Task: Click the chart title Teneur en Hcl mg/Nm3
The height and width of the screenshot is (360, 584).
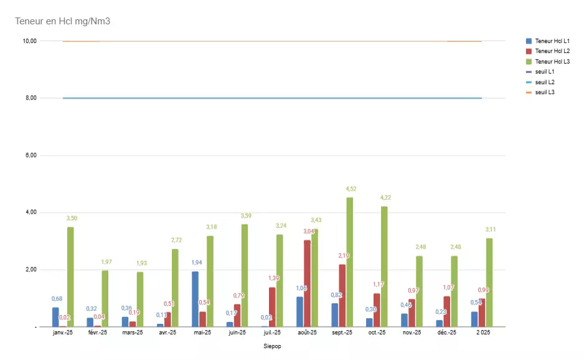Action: coord(62,21)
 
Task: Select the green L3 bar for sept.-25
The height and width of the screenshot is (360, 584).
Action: coord(350,262)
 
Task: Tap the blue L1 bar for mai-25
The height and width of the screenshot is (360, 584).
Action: coord(195,299)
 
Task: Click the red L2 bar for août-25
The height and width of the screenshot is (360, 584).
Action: coord(307,283)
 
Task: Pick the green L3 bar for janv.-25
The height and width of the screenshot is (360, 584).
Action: coord(70,277)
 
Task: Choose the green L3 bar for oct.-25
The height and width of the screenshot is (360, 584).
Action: coord(384,267)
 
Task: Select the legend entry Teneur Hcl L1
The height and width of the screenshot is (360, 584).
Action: coord(552,41)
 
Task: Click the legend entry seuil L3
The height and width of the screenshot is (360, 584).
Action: coord(545,92)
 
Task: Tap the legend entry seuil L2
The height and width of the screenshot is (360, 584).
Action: coord(545,82)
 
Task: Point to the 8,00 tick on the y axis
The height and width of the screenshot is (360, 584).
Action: coord(29,98)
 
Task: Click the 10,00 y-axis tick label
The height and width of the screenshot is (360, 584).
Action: coord(29,41)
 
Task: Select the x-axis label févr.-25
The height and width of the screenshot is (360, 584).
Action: coord(98,333)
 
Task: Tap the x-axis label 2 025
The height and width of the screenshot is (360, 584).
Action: coord(483,333)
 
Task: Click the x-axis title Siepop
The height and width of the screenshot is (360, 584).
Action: coord(272,346)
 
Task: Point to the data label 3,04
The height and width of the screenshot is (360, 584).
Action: coord(309,231)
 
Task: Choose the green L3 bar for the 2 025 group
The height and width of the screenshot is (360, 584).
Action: coord(489,282)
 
